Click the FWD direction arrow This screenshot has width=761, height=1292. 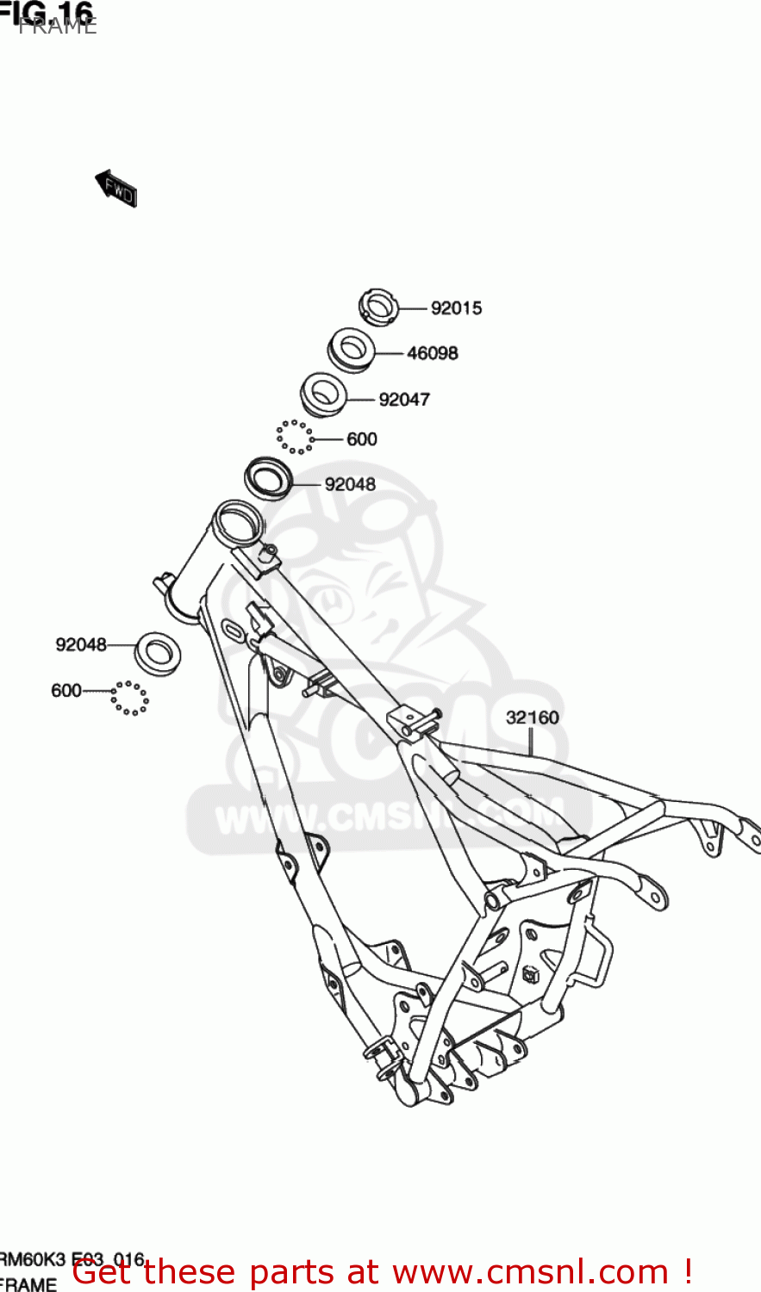click(x=117, y=189)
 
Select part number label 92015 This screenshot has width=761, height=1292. click(x=456, y=308)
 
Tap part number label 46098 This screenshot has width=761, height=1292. click(x=432, y=353)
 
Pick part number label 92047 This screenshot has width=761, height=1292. click(x=404, y=400)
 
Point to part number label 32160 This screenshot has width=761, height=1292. click(x=532, y=717)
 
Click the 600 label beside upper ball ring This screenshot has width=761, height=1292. click(x=362, y=439)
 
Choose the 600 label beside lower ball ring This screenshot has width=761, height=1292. click(x=66, y=691)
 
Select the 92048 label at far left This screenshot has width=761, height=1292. click(x=81, y=644)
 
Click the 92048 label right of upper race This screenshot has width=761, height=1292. click(x=350, y=485)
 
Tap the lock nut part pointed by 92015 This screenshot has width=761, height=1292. click(x=377, y=307)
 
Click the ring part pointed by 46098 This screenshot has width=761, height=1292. click(x=351, y=351)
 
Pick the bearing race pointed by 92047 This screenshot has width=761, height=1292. click(x=323, y=395)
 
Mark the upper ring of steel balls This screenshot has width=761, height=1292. click(x=296, y=437)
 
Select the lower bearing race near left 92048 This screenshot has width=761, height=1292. click(x=159, y=653)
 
